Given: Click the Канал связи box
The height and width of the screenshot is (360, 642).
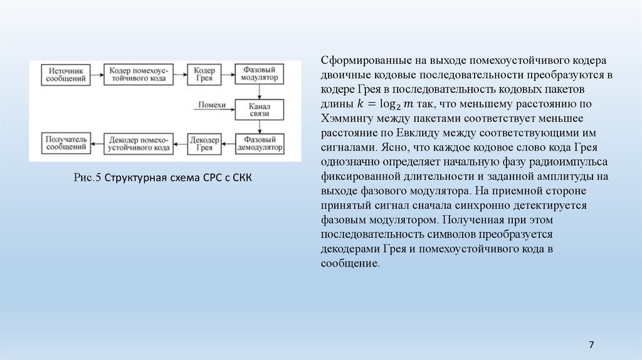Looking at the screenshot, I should (259, 110).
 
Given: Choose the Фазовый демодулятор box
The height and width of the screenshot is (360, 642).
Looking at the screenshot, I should (259, 144).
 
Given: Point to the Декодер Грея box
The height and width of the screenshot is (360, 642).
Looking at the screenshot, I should (204, 144).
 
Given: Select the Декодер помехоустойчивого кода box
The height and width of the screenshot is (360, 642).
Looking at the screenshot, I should (137, 144).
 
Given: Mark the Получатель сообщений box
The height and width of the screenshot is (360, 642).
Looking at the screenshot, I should (65, 144).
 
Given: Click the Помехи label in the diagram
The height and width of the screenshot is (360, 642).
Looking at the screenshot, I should (211, 105).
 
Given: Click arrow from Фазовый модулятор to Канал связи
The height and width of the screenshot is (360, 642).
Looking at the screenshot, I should (259, 92).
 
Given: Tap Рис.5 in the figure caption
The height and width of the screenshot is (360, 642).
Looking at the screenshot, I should (87, 178).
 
